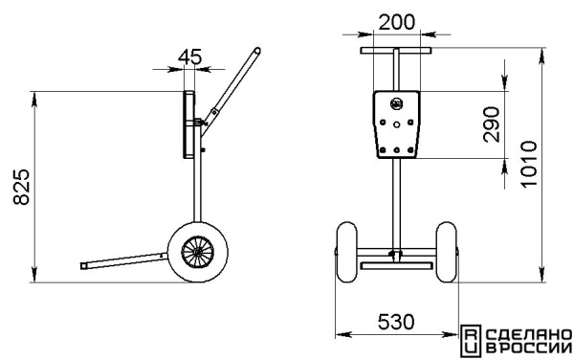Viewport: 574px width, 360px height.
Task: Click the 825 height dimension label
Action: tap(21, 187)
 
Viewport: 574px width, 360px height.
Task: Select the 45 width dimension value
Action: tap(190, 56)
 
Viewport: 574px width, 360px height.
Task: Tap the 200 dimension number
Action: tap(397, 22)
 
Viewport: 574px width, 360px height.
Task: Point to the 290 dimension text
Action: tap(492, 124)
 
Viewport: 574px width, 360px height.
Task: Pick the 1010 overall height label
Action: tap(529, 164)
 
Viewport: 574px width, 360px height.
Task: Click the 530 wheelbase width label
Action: tap(396, 322)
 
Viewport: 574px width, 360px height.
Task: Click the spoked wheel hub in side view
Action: tap(198, 252)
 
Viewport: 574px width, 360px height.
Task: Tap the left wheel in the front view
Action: tap(346, 252)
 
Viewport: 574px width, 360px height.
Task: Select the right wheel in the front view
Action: tap(447, 252)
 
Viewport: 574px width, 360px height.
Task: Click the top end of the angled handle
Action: tap(257, 51)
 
